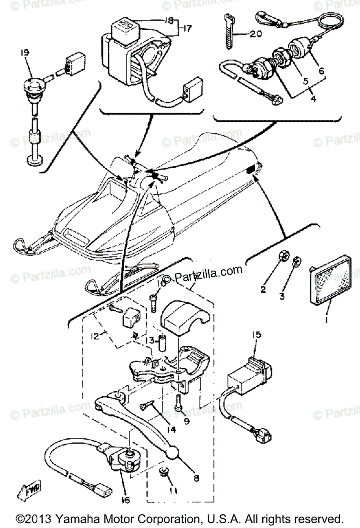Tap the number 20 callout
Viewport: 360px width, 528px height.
(x=255, y=34)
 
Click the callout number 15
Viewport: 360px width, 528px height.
(x=256, y=335)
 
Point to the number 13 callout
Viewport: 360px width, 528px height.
(x=150, y=341)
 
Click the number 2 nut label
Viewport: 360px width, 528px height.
(x=263, y=290)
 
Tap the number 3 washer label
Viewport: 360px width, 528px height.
(x=282, y=297)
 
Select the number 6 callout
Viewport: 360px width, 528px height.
(x=321, y=70)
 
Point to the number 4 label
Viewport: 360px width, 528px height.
(x=313, y=99)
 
